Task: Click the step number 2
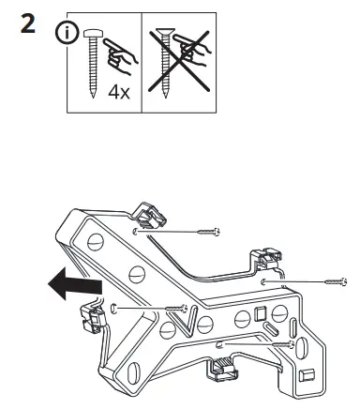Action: click(28, 25)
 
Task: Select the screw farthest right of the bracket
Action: click(335, 280)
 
